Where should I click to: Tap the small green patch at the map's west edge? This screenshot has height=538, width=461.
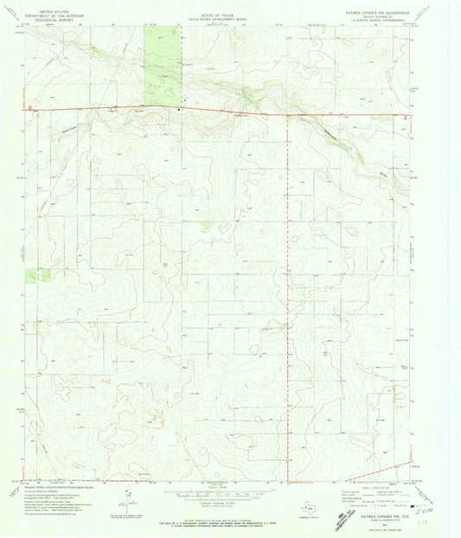coord(37,274)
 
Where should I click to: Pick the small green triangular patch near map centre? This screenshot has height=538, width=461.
coord(206,224)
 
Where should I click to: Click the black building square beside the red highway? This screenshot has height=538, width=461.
coord(180,109)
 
